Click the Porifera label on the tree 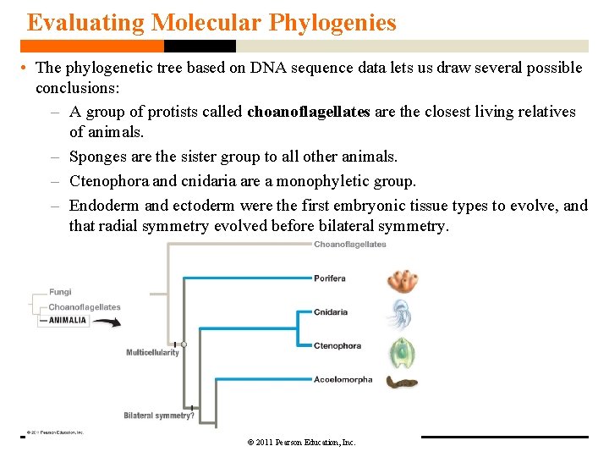pos(329,278)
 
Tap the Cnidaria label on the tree pos(330,312)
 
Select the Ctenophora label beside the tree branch pos(337,346)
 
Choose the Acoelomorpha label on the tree pos(343,380)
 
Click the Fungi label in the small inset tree pos(60,293)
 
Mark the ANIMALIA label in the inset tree pos(68,321)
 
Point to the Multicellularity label pos(152,353)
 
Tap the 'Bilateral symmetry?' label pos(159,416)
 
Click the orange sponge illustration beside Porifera pos(402,281)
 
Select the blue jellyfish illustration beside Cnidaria pos(399,314)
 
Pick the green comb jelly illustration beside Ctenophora pos(401,350)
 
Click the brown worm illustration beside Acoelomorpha pos(402,383)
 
